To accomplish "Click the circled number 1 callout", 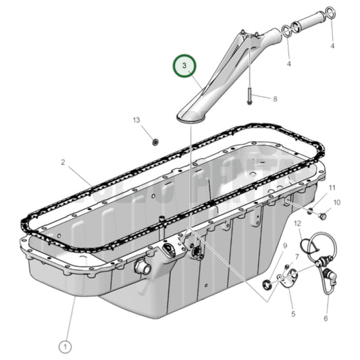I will click(x=65, y=346).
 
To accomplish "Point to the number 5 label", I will click(x=293, y=314).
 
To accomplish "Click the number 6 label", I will click(x=326, y=318).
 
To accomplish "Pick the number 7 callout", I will click(x=297, y=257).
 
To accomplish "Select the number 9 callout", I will click(x=285, y=245).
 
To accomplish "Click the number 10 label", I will click(x=337, y=202).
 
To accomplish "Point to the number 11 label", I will click(x=332, y=187).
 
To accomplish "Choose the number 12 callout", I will click(x=298, y=224).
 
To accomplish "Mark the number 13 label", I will click(x=136, y=120).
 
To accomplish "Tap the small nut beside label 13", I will click(x=155, y=141).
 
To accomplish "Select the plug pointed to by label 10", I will click(x=322, y=216).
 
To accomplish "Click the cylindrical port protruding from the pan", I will click(x=143, y=267).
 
